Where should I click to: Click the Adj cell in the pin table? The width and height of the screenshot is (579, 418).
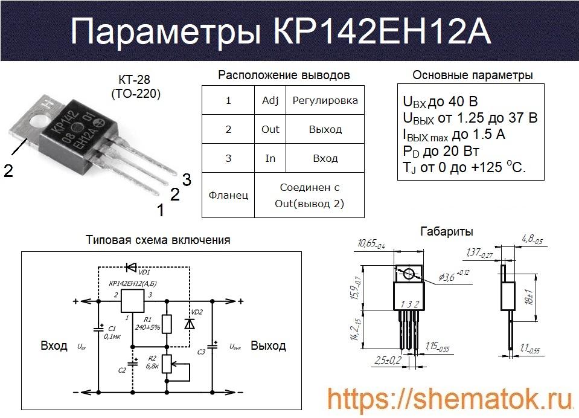270,100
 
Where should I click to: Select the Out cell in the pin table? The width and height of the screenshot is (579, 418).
270,129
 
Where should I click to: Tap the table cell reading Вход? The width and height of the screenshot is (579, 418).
325,158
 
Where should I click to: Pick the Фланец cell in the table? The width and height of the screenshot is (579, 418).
228,195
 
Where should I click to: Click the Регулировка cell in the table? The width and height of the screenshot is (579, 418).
325,100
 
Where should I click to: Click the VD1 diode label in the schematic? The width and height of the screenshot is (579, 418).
145,272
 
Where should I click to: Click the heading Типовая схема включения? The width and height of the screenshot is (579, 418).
158,240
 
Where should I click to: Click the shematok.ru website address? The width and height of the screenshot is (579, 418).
450,399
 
